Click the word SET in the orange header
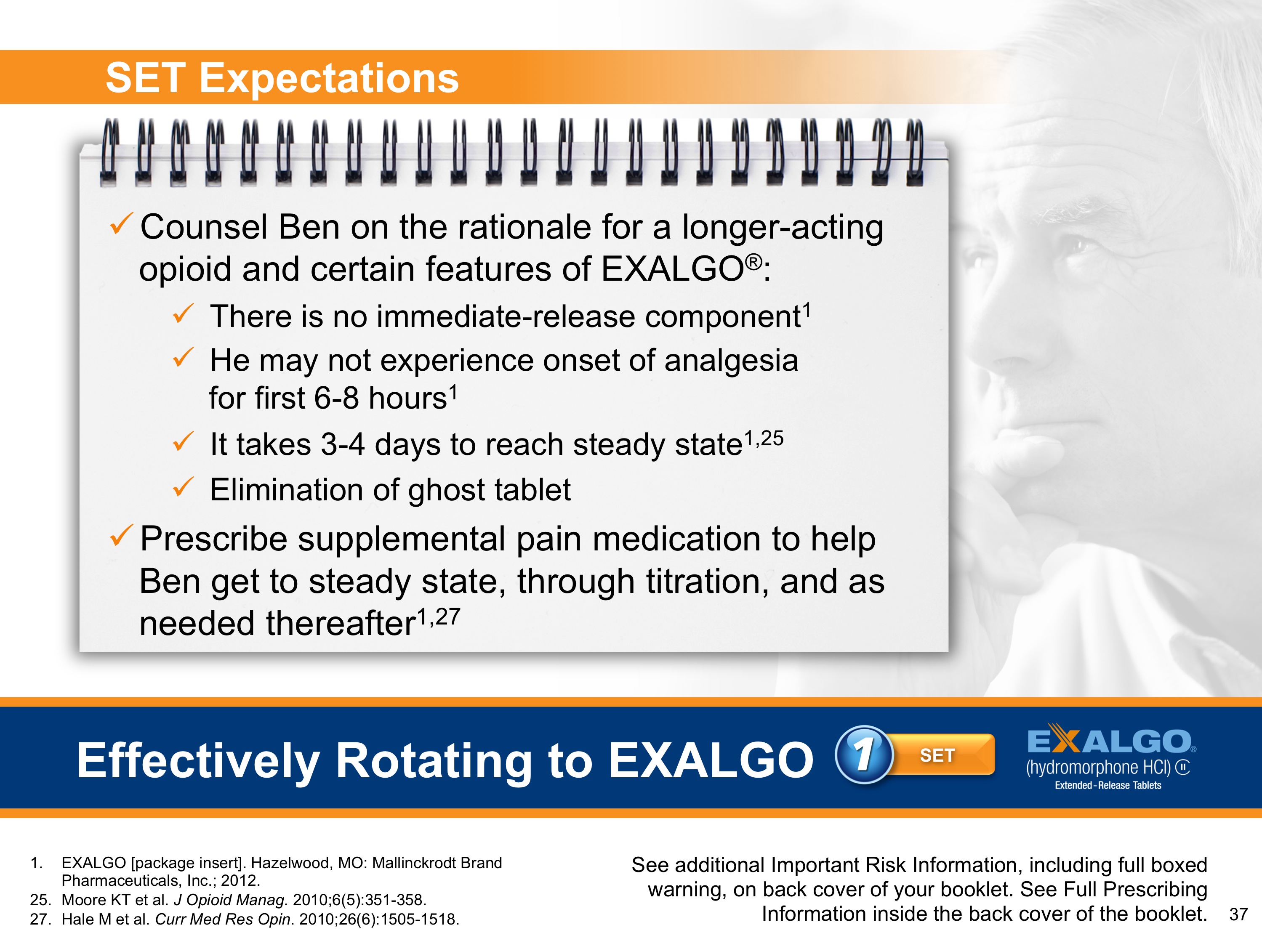146,78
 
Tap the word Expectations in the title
329,78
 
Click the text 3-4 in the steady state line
342,444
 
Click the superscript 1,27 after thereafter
438,616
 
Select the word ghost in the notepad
446,490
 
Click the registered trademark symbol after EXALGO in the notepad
753,262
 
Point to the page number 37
1238,914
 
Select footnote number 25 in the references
40,900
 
